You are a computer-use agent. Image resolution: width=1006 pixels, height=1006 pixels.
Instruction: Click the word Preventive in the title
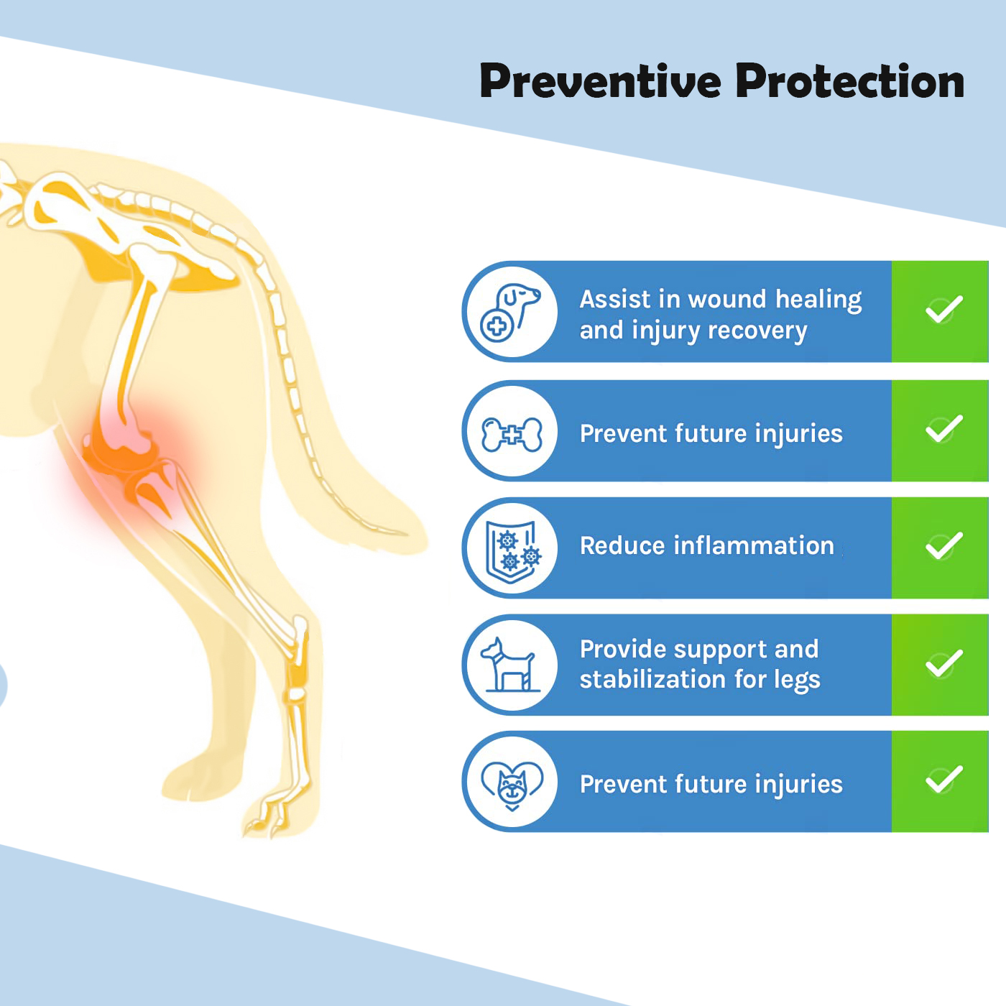coord(600,81)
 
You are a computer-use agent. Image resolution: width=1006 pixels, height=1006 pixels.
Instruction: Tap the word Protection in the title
coord(849,81)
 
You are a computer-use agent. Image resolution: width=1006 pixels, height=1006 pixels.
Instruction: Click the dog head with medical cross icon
coord(510,311)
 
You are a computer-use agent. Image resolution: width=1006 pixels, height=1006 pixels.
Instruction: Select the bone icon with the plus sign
coord(512,434)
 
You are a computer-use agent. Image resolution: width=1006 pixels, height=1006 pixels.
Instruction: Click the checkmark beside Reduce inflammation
coord(943,546)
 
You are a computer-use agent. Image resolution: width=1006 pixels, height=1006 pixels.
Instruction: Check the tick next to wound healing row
coord(943,309)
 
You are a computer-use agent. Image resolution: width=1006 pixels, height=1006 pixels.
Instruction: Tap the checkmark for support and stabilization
coord(943,663)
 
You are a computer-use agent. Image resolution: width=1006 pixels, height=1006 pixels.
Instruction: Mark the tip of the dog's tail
coord(399,532)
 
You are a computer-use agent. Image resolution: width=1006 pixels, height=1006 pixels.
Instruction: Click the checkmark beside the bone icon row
coord(943,429)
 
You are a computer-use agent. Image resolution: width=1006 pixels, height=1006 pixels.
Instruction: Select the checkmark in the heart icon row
coord(943,780)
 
